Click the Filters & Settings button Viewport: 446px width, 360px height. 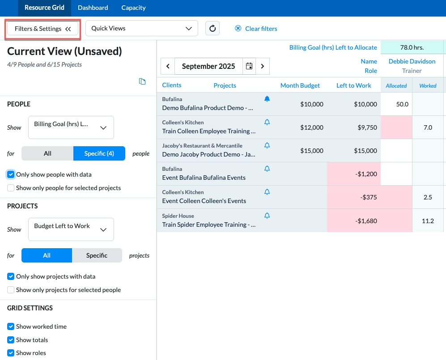point(42,29)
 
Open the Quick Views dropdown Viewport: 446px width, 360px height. point(142,29)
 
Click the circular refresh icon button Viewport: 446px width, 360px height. point(212,29)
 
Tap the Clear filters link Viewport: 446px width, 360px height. point(256,29)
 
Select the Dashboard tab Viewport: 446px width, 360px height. point(93,8)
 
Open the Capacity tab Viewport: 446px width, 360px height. point(133,8)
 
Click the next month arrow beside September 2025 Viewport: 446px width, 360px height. point(263,66)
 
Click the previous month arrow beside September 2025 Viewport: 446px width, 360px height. point(168,66)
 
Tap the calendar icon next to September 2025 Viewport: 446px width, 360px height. point(249,66)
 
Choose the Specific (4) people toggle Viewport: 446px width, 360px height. point(99,153)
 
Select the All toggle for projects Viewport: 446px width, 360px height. point(47,255)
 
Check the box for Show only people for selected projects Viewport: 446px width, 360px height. point(11,188)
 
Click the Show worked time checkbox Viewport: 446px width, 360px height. point(11,326)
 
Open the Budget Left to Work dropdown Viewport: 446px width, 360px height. point(71,229)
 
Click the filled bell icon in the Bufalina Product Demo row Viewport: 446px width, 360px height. point(267,99)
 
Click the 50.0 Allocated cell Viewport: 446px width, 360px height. point(396,104)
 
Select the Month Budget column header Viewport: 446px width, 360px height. point(300,85)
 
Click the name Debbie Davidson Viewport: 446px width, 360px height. point(412,61)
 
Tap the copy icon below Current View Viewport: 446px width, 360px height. point(142,81)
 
